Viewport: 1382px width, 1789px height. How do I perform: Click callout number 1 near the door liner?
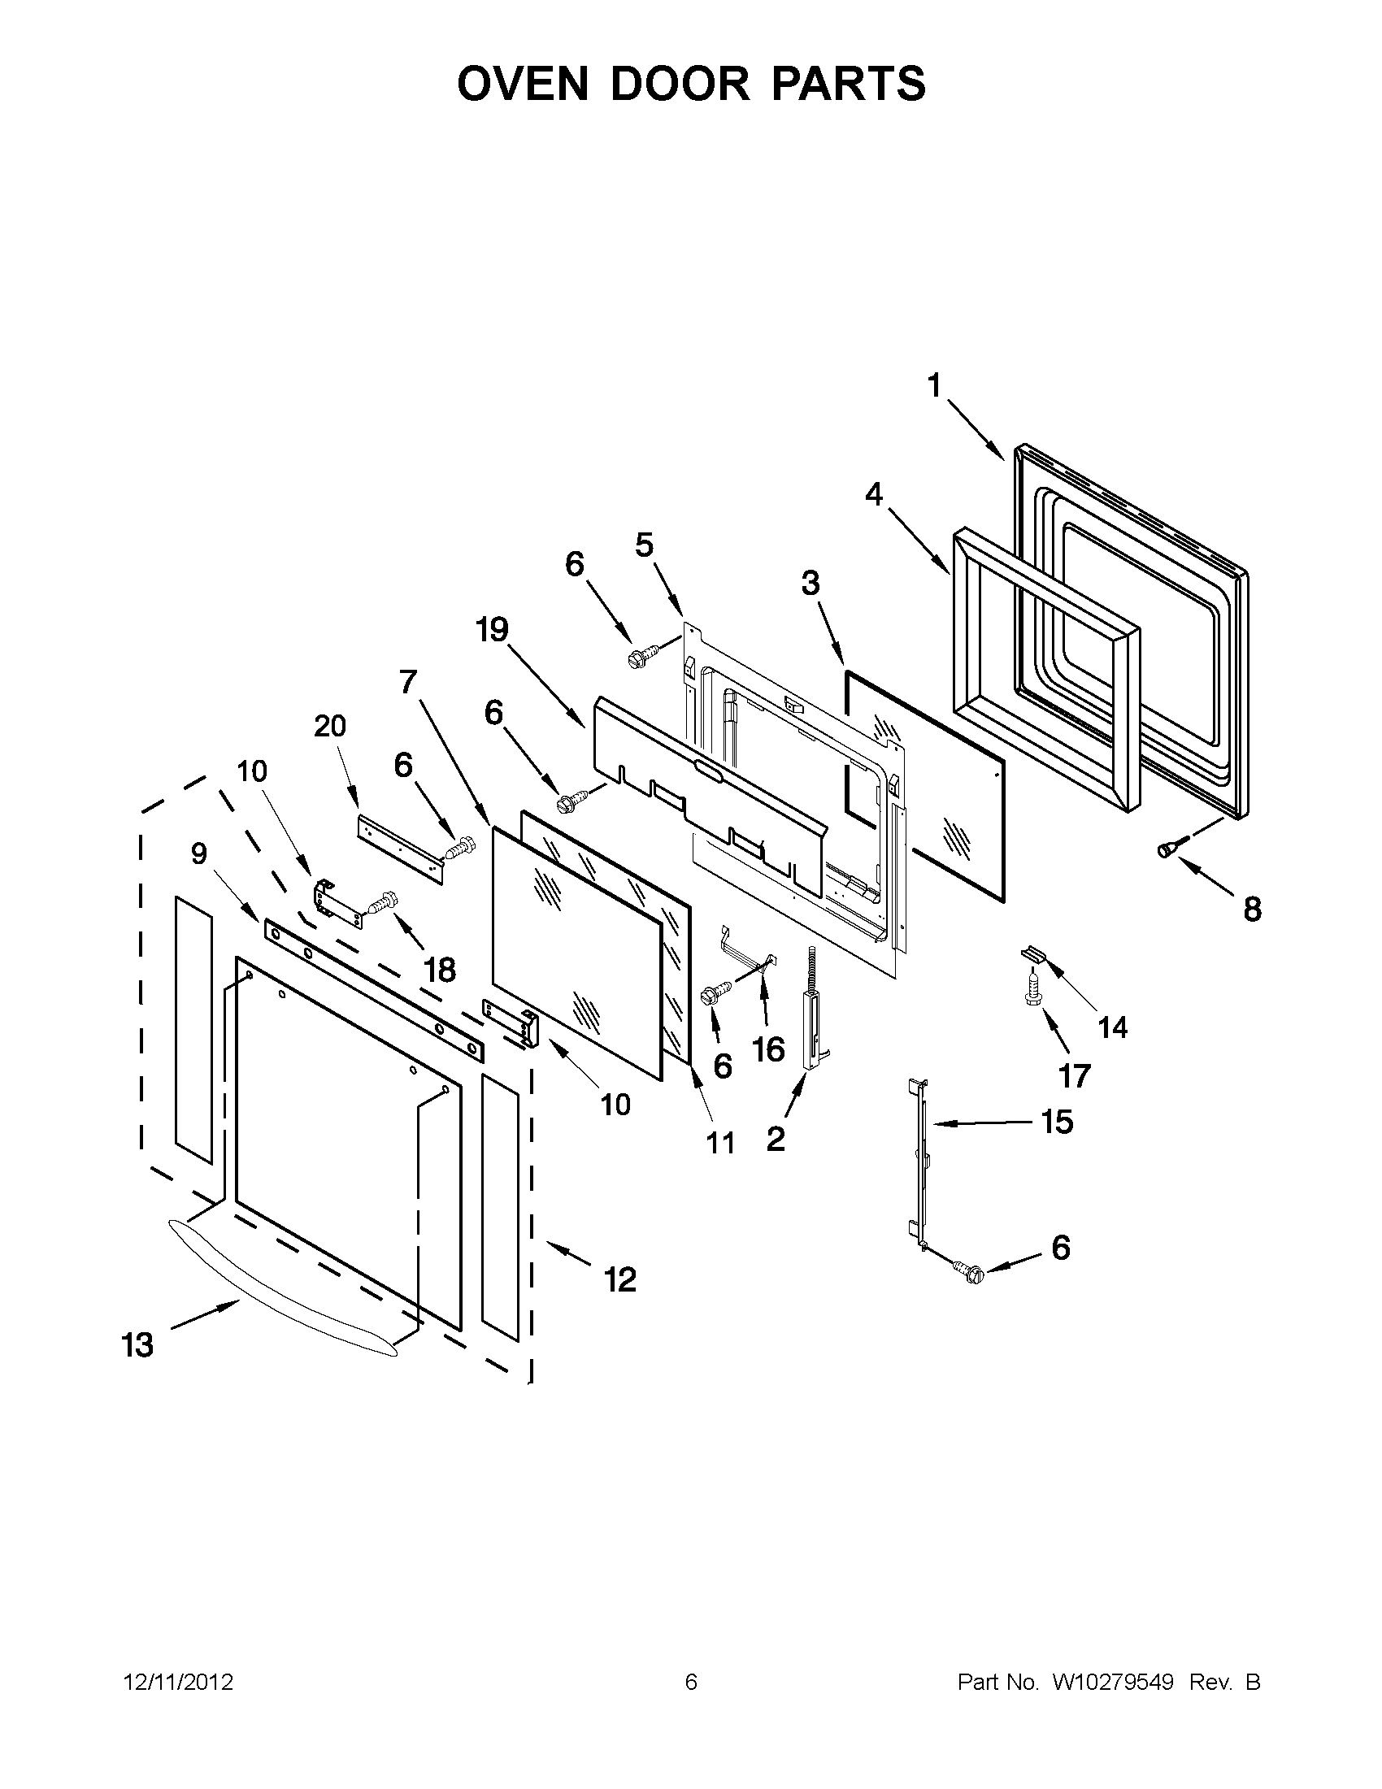[934, 385]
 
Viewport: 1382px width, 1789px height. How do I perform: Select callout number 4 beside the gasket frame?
[874, 494]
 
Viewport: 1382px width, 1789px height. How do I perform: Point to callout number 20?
[330, 726]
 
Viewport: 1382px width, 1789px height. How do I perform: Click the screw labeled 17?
[1032, 986]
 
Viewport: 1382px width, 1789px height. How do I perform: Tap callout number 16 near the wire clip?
[768, 1049]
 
